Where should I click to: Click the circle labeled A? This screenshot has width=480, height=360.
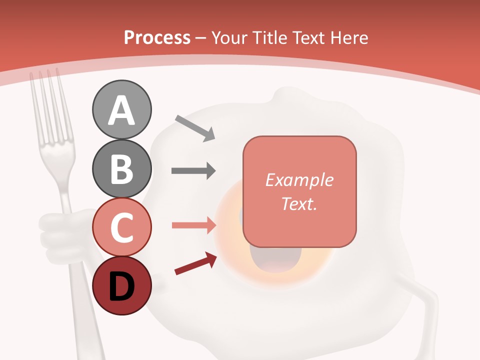[121, 109]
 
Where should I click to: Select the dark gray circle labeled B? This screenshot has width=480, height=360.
[121, 168]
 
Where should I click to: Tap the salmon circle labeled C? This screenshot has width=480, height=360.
[121, 227]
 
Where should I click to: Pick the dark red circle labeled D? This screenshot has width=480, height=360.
[121, 285]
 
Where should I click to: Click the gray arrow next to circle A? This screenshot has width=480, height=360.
[195, 127]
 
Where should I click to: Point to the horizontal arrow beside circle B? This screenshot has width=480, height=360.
[193, 171]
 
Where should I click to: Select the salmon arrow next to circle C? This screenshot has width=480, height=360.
[193, 225]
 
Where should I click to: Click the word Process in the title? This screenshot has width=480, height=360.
[157, 37]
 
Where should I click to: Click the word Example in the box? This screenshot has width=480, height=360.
[299, 180]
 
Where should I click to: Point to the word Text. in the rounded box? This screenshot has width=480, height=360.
[299, 203]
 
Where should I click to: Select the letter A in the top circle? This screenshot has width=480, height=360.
[121, 110]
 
